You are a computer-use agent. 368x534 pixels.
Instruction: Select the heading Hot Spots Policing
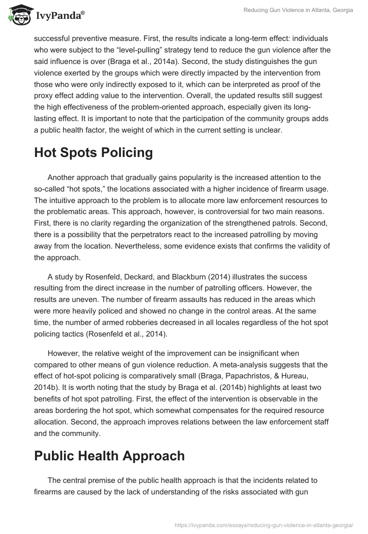pos(93,153)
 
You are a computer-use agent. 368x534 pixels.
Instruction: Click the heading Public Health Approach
pos(109,455)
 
